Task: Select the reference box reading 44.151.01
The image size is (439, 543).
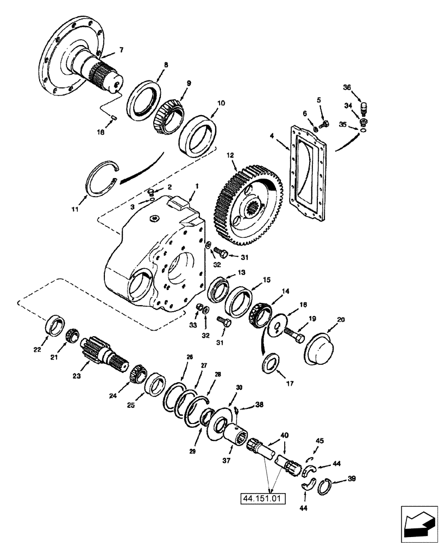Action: coord(262,496)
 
